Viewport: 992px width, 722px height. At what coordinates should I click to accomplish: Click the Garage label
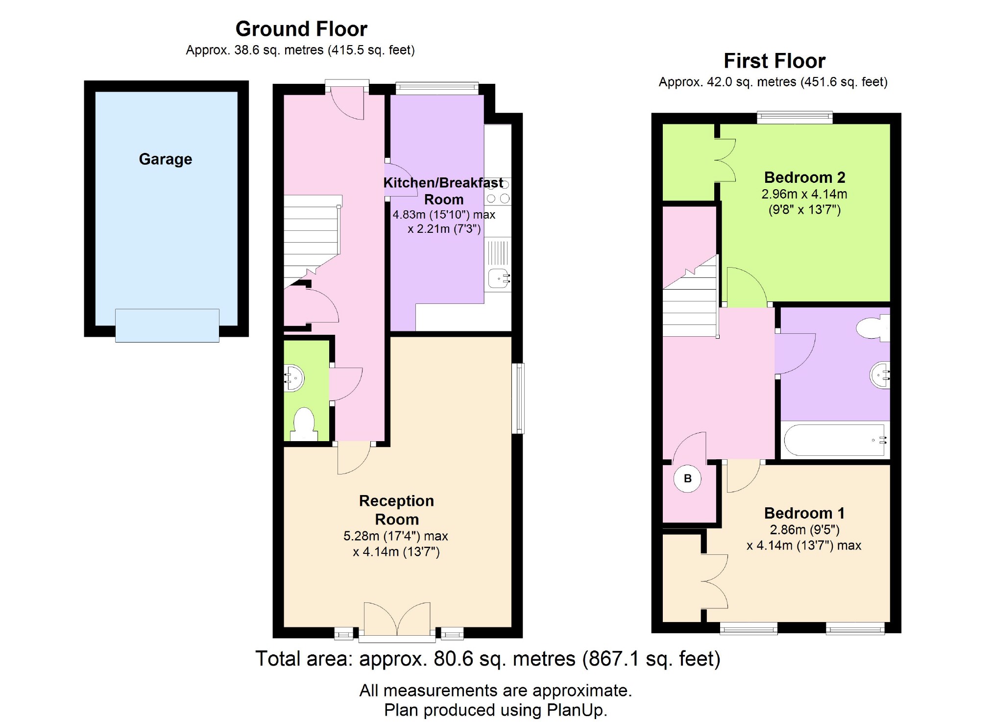[x=166, y=159]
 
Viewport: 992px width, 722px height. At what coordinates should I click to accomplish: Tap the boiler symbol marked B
[x=687, y=478]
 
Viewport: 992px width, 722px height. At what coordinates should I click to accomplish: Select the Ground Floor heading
[x=301, y=29]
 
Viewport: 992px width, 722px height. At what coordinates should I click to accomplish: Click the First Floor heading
[x=774, y=61]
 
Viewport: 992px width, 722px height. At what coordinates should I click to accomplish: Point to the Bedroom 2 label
[x=804, y=177]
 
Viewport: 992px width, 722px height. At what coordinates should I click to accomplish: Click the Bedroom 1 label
[x=804, y=513]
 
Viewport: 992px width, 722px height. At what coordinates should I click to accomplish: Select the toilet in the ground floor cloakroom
[x=304, y=424]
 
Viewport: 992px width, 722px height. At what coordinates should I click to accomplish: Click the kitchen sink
[x=499, y=279]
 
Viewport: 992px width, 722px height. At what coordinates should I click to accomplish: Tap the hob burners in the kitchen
[x=498, y=191]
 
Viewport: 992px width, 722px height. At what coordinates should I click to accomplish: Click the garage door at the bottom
[x=167, y=325]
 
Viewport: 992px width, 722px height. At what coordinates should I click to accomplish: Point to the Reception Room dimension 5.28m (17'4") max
[x=396, y=536]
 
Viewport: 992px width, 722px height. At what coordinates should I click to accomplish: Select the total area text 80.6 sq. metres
[x=505, y=659]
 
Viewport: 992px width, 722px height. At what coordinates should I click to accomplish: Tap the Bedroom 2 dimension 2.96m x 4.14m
[x=804, y=194]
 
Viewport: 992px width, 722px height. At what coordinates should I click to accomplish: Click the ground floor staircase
[x=312, y=240]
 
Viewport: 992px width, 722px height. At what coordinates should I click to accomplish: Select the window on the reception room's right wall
[x=518, y=398]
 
